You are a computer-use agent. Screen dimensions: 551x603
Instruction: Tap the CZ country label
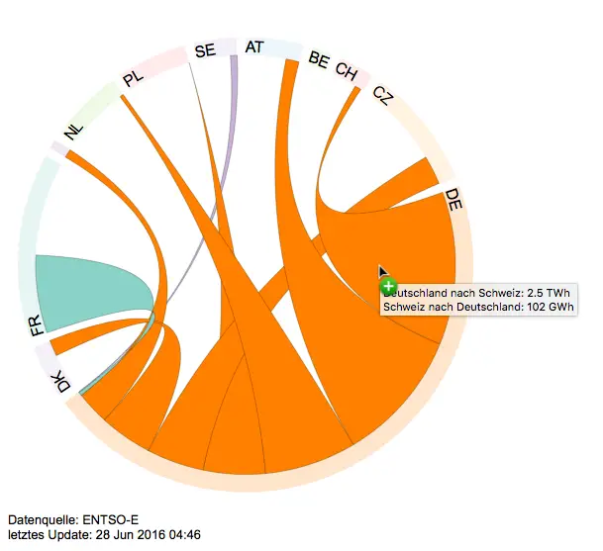pos(382,96)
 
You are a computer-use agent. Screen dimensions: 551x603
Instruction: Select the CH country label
pos(347,70)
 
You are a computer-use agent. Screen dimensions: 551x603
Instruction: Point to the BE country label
pos(319,59)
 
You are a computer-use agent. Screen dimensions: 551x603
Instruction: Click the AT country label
pos(254,46)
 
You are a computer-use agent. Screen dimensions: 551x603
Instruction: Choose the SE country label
pos(205,50)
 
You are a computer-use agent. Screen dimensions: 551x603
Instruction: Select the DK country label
pos(62,383)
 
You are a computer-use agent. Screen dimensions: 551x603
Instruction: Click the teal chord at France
pos(89,287)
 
